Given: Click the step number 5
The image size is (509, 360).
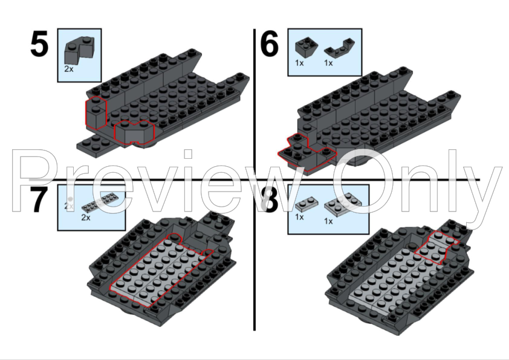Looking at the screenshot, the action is (x=39, y=43).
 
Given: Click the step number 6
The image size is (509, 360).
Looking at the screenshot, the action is (x=270, y=43).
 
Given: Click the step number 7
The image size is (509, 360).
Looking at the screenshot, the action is (x=39, y=200).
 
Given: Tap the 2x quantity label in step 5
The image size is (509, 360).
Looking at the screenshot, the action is (x=69, y=69).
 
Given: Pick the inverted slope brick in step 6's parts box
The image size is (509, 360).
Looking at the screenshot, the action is (x=306, y=47).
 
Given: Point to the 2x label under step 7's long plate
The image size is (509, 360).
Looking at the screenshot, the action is (x=86, y=217).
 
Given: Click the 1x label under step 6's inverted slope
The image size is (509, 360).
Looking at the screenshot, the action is (x=299, y=63).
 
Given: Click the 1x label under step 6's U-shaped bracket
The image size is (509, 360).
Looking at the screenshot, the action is (x=328, y=63).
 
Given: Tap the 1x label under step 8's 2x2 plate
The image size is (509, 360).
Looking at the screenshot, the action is (x=328, y=221).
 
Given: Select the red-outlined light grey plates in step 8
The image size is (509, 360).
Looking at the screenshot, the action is (x=436, y=247).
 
